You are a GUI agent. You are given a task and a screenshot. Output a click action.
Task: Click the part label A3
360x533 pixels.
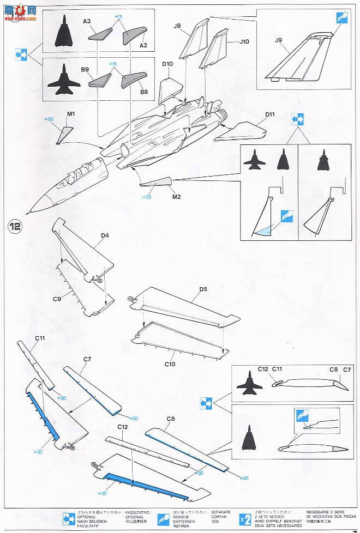click(87, 21)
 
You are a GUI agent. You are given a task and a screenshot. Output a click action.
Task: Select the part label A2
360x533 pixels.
click(143, 46)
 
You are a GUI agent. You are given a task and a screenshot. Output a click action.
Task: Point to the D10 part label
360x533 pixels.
click(167, 64)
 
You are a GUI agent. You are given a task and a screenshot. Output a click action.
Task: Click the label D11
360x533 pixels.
click(270, 114)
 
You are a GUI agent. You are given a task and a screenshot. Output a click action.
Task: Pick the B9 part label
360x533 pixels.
click(85, 70)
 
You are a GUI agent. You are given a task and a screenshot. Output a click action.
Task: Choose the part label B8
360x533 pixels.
click(144, 92)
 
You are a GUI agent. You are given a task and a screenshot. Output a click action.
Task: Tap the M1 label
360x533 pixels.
click(70, 114)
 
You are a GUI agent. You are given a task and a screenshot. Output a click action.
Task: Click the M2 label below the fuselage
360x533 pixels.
click(176, 197)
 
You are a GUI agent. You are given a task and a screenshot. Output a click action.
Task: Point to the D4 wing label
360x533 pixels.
click(104, 235)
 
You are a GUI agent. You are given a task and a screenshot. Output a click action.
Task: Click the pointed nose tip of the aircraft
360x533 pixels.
click(31, 212)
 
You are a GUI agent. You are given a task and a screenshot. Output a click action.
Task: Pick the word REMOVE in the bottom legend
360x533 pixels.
click(182, 517)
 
